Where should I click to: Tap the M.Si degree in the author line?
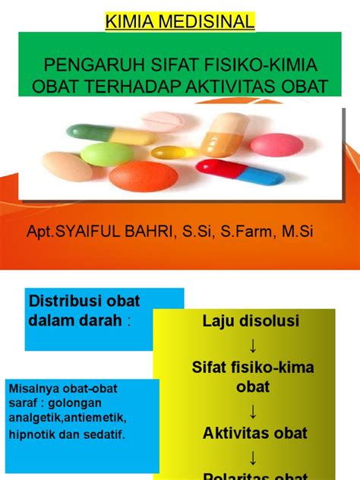(294, 232)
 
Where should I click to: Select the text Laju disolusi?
(239, 321)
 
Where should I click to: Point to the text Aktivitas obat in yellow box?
(244, 433)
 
